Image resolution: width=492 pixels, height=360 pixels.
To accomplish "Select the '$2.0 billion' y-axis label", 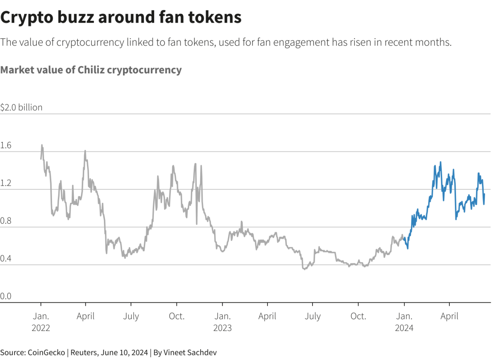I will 22,108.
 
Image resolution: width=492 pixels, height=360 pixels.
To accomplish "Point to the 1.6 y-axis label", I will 6,146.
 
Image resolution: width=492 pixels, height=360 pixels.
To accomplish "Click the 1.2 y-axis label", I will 6,184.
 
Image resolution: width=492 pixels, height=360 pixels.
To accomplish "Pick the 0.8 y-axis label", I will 6,221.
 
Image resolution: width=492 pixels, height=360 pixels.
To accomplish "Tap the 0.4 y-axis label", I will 6,259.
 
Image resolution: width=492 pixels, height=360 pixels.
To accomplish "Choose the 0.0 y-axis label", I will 6,297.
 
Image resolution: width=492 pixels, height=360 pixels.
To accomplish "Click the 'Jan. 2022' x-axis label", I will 41,322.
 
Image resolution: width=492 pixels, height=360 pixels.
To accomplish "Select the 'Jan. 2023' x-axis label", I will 223,322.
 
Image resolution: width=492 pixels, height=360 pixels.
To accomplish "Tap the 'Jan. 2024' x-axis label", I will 404,322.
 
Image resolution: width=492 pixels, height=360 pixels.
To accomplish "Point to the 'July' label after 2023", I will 313,317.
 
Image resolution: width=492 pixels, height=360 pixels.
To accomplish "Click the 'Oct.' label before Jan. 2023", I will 177,317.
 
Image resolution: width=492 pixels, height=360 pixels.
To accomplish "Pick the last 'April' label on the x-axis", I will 449,317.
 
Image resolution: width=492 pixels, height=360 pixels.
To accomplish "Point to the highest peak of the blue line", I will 440,162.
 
